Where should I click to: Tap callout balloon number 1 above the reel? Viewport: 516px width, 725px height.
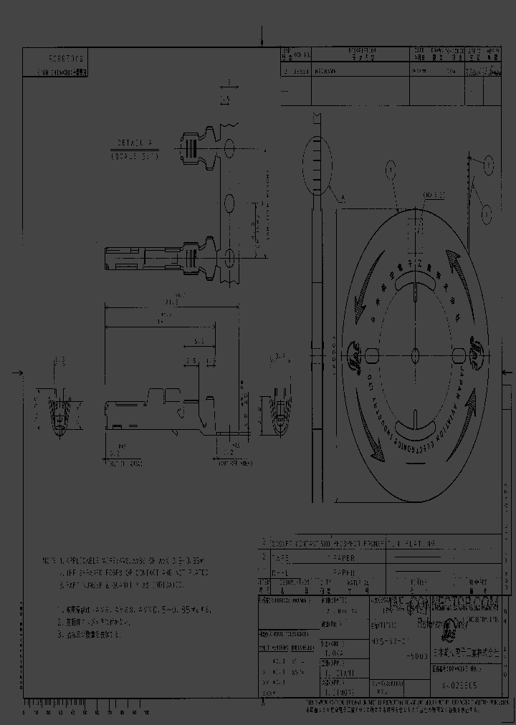point(391,170)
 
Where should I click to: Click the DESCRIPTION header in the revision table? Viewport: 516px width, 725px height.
point(362,52)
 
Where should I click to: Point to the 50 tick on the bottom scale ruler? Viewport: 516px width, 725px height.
point(82,714)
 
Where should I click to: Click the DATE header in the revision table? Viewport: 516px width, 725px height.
point(421,52)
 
